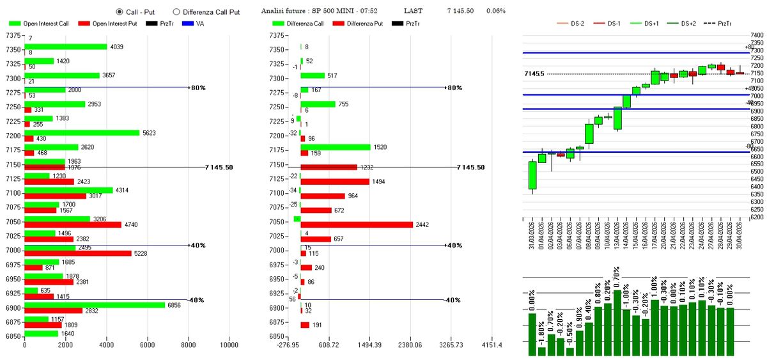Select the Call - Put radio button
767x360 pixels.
coord(120,12)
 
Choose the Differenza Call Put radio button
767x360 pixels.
coord(176,12)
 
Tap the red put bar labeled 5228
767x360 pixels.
coord(77,253)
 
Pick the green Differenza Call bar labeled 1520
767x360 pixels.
coord(335,147)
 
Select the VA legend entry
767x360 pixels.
coord(198,24)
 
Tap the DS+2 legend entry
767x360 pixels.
coord(687,24)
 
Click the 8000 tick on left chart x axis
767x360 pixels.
coord(188,345)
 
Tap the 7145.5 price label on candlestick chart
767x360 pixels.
coord(534,74)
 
